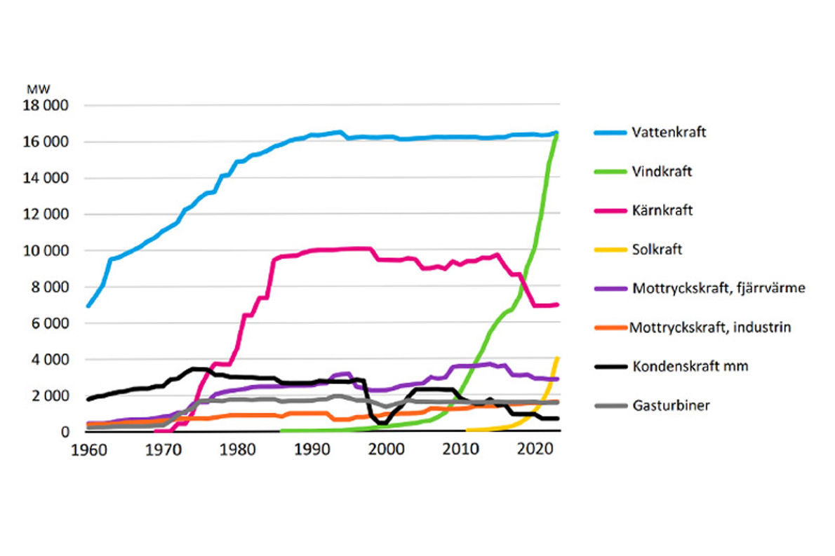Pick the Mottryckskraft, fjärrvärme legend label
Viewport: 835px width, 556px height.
[x=718, y=287]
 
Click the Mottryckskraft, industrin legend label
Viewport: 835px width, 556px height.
[x=710, y=327]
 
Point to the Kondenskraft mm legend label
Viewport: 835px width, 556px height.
[x=685, y=365]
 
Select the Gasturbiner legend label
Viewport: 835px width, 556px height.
[x=671, y=405]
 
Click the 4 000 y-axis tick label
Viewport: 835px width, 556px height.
[x=53, y=359]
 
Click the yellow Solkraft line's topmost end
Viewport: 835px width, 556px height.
[x=557, y=358]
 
